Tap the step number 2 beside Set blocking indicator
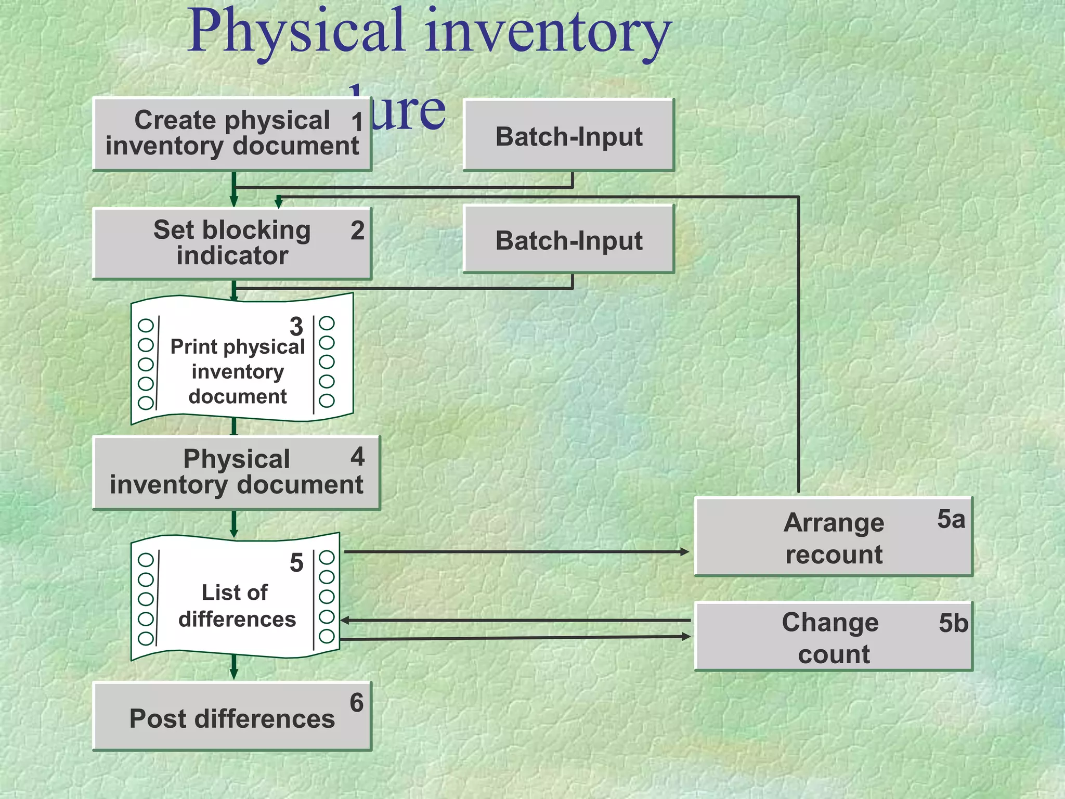click(357, 230)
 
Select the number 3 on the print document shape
click(296, 327)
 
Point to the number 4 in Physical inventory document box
click(357, 457)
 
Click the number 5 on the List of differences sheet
click(296, 563)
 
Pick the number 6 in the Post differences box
click(357, 703)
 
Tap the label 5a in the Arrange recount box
click(951, 519)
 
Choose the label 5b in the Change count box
click(953, 623)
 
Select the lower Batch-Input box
click(569, 240)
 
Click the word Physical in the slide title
click(296, 32)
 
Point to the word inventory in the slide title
click(549, 32)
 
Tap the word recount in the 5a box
click(834, 555)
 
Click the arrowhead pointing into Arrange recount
click(685, 552)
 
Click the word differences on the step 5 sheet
click(237, 620)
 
